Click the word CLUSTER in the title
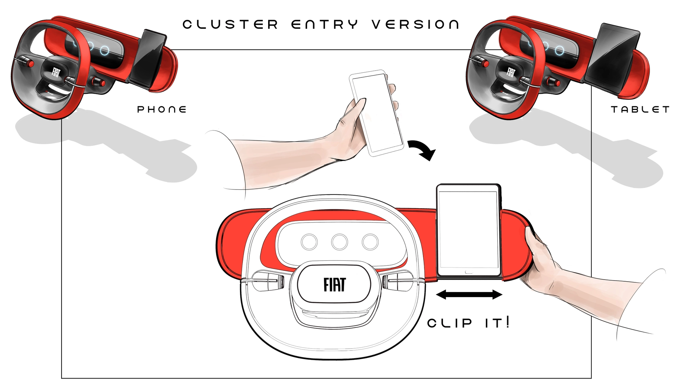tap(230, 24)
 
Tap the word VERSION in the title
tap(415, 24)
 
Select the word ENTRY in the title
tap(325, 24)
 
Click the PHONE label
tap(162, 109)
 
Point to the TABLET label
tap(640, 109)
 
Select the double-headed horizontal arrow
tap(469, 295)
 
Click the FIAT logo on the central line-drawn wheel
tap(335, 285)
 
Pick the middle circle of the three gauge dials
tap(339, 242)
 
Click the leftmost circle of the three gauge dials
tap(309, 242)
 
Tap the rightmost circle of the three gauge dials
tap(370, 242)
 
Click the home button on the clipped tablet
tap(469, 272)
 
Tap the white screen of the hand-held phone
tap(377, 113)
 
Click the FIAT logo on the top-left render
tap(56, 72)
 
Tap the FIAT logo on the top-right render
tap(511, 72)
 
